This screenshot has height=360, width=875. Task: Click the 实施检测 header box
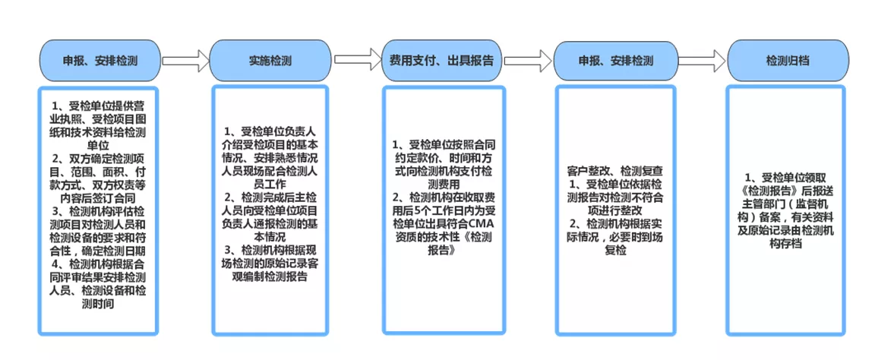(269, 60)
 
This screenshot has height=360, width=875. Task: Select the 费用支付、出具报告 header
(441, 60)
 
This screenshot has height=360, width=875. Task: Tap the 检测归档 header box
(788, 60)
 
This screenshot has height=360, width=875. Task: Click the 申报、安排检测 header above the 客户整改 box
(615, 60)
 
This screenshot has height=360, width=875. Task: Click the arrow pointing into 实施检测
(185, 61)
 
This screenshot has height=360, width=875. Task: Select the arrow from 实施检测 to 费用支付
(358, 59)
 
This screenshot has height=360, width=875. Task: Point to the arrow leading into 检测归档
(703, 59)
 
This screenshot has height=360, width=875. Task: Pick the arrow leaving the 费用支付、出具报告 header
(527, 59)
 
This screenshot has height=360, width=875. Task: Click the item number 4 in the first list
(55, 264)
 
